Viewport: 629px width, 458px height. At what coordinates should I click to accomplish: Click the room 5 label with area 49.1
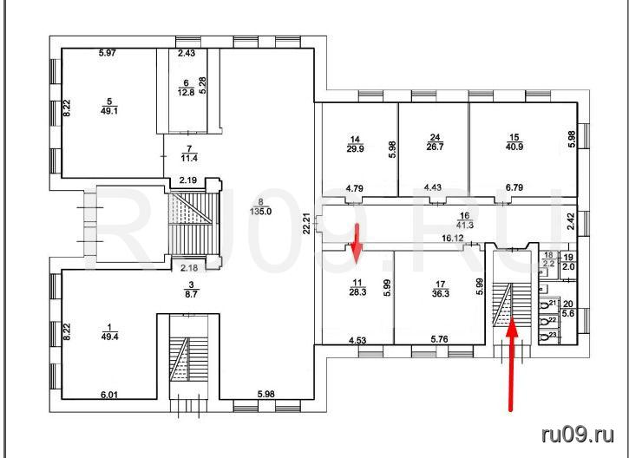point(109,107)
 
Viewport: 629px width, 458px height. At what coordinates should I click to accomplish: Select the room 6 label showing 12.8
point(186,88)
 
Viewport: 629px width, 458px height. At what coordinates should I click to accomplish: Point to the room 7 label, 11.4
point(189,154)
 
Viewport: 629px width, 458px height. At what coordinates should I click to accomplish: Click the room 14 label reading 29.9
point(355,144)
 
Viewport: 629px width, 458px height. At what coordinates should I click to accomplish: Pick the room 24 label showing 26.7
point(435,142)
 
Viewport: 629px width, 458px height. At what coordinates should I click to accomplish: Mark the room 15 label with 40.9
point(514,142)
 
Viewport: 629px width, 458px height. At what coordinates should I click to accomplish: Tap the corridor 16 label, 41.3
point(465,221)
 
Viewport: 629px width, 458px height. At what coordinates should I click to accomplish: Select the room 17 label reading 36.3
point(441,289)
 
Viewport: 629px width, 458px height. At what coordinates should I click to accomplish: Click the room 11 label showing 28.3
point(357,288)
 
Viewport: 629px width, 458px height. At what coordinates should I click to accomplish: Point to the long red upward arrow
point(511,363)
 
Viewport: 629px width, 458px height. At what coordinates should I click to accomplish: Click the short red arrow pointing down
point(357,244)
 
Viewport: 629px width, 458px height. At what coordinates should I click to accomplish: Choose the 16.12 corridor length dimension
point(453,239)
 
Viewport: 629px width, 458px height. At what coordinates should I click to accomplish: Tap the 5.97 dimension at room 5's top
point(108,53)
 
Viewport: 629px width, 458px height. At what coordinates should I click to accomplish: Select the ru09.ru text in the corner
point(578,435)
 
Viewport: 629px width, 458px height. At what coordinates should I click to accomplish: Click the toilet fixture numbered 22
point(544,322)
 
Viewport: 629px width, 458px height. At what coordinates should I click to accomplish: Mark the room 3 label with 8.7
point(192,289)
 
